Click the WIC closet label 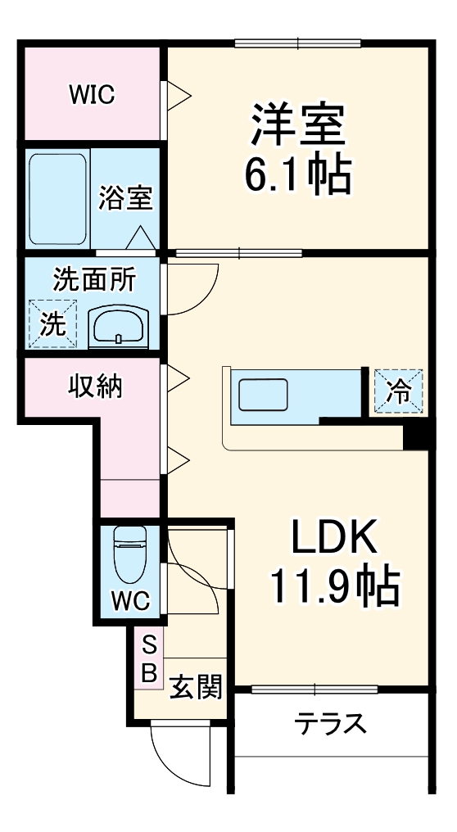(x=91, y=94)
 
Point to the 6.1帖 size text (x=298, y=174)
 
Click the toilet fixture (x=130, y=551)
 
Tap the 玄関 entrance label (x=197, y=686)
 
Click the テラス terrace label (x=331, y=724)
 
